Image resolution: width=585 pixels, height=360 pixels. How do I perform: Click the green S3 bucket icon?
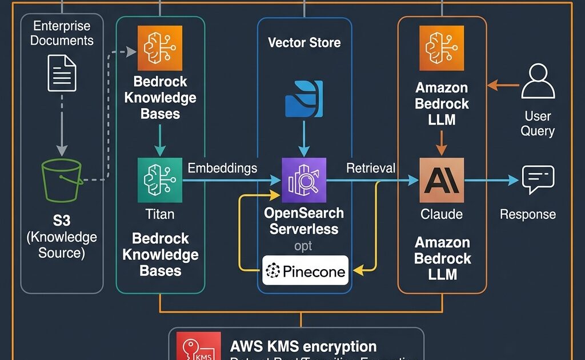coord(62,180)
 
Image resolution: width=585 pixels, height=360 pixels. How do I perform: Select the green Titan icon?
coord(160,180)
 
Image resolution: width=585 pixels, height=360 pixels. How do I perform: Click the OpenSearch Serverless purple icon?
coord(304,180)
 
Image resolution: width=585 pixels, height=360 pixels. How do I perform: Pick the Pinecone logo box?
coord(305,270)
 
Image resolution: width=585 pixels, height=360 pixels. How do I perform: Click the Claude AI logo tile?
coord(442,180)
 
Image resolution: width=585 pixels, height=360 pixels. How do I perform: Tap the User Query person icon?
coord(538,82)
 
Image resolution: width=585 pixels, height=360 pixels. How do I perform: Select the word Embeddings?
coord(222,168)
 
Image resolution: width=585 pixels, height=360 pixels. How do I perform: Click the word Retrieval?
coord(371,168)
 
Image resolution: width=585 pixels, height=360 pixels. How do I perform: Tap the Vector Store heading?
coord(304,42)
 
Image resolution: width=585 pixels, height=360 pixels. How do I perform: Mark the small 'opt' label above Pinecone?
coord(303,246)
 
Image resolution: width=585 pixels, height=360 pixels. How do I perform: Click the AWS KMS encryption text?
coord(303,346)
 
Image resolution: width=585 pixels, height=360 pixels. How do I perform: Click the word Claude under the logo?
coord(442,215)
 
